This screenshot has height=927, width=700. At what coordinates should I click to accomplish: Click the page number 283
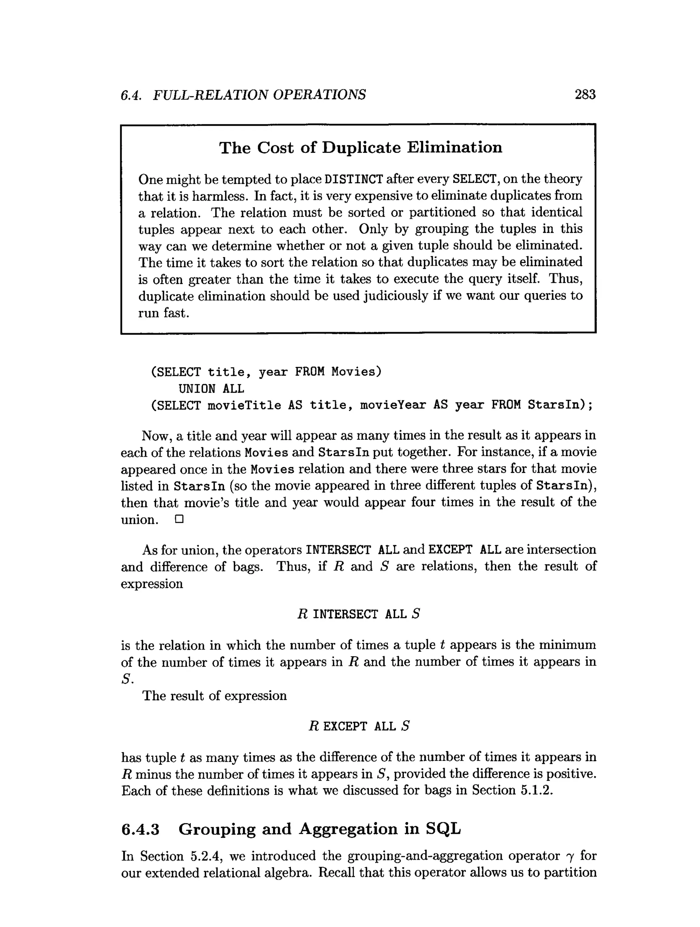(585, 95)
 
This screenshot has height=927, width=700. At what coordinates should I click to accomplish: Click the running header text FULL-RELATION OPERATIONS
(259, 95)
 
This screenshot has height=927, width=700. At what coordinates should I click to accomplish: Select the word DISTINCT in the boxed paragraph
(354, 180)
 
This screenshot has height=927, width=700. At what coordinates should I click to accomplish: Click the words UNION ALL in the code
(211, 389)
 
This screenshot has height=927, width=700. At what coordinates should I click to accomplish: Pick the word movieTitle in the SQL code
(244, 406)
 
